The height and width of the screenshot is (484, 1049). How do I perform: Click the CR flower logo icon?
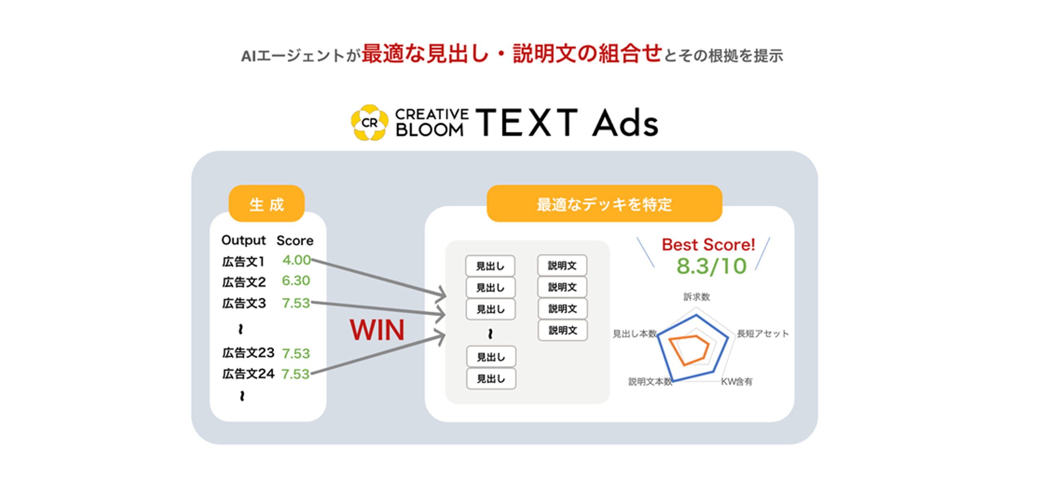click(x=369, y=122)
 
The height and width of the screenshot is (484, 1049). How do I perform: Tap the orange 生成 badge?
click(x=267, y=203)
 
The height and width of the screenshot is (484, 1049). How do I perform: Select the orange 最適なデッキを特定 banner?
click(x=604, y=203)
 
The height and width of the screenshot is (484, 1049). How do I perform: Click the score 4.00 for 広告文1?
click(x=297, y=260)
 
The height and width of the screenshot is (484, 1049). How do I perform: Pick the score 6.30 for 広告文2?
click(x=296, y=281)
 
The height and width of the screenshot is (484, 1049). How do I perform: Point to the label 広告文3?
click(x=244, y=303)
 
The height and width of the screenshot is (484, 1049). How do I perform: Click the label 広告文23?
click(x=248, y=353)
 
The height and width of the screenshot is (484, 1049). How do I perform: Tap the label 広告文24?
click(x=248, y=374)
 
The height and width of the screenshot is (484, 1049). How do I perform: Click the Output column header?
click(x=243, y=240)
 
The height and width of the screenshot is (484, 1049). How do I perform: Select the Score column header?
click(x=295, y=240)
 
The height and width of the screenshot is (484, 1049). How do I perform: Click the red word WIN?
click(x=377, y=330)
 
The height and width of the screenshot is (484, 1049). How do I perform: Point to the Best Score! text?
click(x=708, y=245)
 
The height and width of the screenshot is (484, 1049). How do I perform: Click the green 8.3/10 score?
click(x=711, y=266)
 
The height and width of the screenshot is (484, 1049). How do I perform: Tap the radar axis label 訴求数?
click(x=697, y=297)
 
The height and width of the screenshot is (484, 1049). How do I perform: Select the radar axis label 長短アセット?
click(x=763, y=334)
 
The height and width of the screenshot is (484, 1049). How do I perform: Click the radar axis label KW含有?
click(x=736, y=382)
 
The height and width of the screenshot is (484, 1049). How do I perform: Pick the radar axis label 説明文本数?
click(x=650, y=382)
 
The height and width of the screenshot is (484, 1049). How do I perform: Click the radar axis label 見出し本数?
click(x=635, y=334)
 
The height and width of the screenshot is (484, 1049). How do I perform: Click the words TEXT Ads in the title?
click(x=567, y=122)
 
